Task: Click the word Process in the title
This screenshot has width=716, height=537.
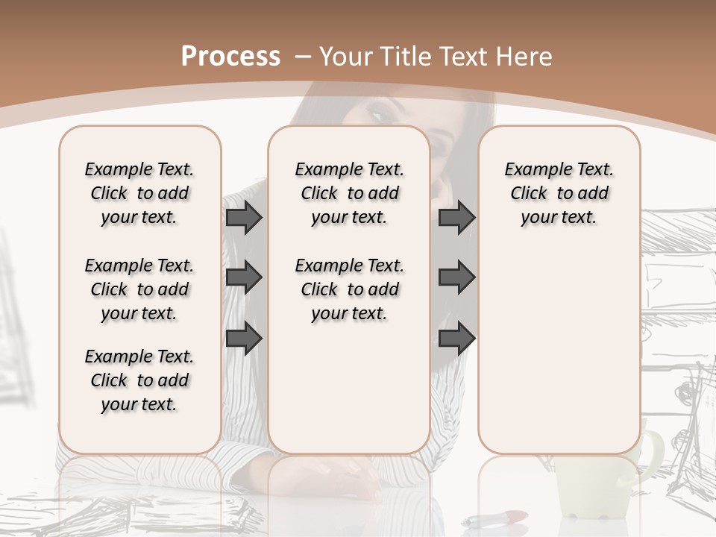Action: [x=231, y=57]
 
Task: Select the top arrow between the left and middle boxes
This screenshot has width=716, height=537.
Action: [x=244, y=218]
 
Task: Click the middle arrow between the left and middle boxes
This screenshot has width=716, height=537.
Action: [x=244, y=278]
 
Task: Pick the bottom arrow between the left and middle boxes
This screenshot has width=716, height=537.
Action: [x=244, y=338]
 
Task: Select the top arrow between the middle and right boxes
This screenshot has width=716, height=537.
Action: [x=456, y=218]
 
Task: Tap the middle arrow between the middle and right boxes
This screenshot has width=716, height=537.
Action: [x=456, y=278]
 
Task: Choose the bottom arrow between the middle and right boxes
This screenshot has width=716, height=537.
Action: [x=456, y=338]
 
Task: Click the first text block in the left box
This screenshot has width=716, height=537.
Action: [x=139, y=193]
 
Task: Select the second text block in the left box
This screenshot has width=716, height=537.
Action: [x=139, y=289]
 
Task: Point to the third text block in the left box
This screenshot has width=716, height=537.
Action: [x=139, y=380]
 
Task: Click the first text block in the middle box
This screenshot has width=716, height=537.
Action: [x=350, y=193]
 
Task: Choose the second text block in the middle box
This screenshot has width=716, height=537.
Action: [x=350, y=289]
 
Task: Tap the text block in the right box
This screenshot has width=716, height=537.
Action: [x=559, y=193]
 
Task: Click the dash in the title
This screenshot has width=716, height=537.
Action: [x=303, y=57]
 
